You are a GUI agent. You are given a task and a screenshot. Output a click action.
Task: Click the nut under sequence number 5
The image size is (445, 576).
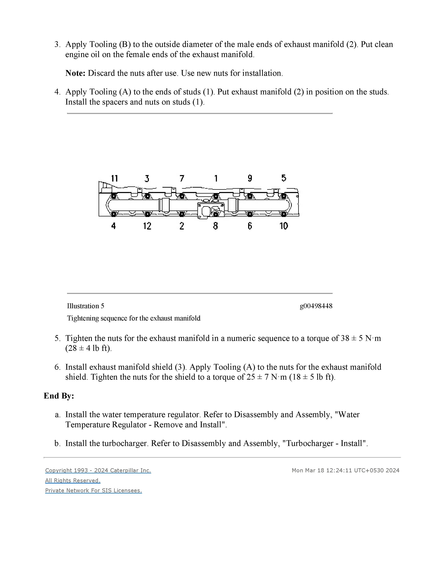click(x=284, y=196)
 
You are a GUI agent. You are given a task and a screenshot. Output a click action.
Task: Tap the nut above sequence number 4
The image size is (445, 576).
click(x=114, y=214)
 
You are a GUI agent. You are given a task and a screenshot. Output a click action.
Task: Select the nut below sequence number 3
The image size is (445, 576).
click(x=147, y=196)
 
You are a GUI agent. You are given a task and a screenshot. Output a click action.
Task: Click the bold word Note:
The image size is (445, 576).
click(x=75, y=73)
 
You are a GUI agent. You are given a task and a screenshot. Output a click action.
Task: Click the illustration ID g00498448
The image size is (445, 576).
click(x=316, y=306)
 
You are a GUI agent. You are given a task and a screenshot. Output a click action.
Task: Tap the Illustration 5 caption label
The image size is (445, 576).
click(x=85, y=306)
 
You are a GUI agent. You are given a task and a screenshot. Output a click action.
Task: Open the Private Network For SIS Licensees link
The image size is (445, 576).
click(x=94, y=490)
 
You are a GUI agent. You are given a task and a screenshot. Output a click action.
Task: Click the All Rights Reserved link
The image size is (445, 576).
click(x=73, y=480)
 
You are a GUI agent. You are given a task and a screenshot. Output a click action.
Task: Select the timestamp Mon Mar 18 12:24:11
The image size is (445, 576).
click(x=322, y=470)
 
